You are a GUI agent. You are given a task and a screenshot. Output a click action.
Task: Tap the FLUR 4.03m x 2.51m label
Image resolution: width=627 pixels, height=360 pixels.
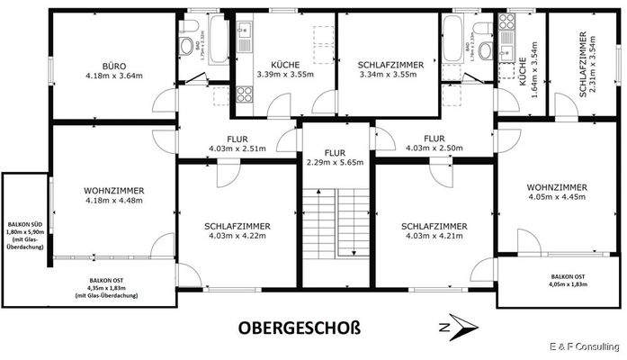tap(237, 143)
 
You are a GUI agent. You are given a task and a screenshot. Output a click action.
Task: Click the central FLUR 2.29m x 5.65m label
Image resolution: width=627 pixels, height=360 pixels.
tap(336, 158)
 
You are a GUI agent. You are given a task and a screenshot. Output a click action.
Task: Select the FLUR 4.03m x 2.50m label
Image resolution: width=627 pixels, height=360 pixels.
tap(435, 143)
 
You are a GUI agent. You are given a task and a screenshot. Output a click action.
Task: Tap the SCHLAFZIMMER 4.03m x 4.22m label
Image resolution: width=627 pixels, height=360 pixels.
tap(237, 231)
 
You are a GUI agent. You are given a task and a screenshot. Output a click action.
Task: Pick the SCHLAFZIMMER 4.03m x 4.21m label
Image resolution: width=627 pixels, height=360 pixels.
tap(434, 231)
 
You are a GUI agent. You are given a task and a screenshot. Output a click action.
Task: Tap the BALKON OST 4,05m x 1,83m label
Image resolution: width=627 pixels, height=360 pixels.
tap(568, 280)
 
